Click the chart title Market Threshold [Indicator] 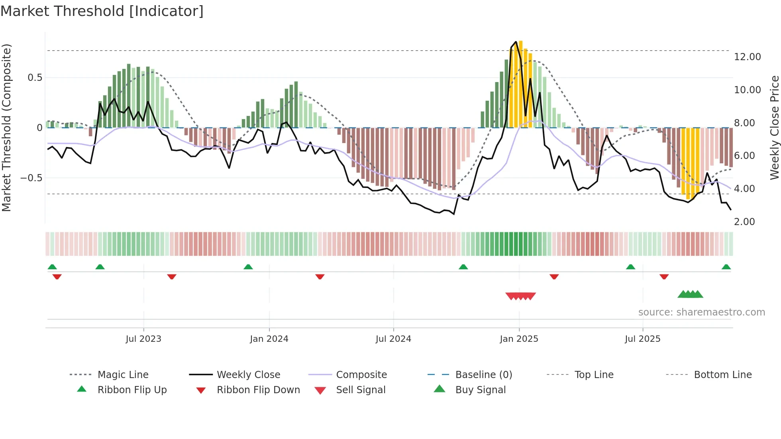point(102,11)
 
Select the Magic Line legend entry point(123,375)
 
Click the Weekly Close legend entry point(248,375)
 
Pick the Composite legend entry point(361,375)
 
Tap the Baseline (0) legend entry point(483,375)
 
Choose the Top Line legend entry point(594,375)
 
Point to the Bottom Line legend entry point(722,375)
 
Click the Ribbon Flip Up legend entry point(132,390)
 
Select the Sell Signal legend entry point(361,390)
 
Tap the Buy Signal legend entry point(480,390)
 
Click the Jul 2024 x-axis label point(393,339)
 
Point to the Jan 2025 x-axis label point(519,339)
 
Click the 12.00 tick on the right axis point(747,57)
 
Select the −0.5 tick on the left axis point(31,178)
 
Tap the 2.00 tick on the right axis point(744,222)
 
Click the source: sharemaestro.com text point(701,312)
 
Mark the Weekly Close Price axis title point(774,127)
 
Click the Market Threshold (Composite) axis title point(6,127)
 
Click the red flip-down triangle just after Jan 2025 point(554,276)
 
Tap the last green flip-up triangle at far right point(726,267)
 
